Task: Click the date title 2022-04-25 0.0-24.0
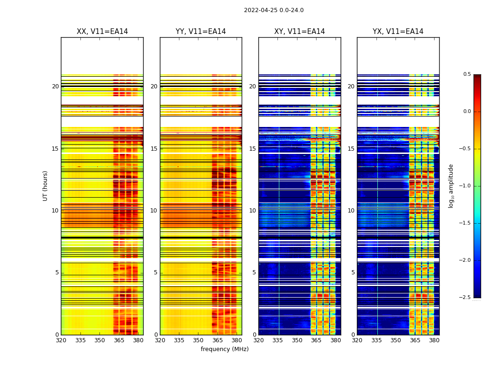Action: (274, 10)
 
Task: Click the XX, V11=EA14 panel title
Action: (102, 32)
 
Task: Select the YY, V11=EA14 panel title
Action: (201, 32)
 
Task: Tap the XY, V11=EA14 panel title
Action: (299, 32)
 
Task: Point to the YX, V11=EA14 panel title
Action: (398, 32)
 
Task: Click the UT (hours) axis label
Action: (46, 186)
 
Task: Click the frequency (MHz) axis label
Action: (224, 349)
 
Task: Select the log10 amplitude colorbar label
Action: (451, 186)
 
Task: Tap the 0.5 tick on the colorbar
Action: (467, 74)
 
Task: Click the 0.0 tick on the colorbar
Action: (467, 112)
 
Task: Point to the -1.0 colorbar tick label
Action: (465, 186)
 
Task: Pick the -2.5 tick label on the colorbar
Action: (465, 298)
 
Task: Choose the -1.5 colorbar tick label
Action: (465, 223)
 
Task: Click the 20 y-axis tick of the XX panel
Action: (56, 86)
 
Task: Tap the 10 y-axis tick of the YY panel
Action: (154, 211)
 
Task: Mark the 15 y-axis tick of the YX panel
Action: (352, 149)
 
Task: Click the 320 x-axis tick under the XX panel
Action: (61, 340)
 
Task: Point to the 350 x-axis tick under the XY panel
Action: (297, 340)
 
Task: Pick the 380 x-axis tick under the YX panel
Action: (434, 340)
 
